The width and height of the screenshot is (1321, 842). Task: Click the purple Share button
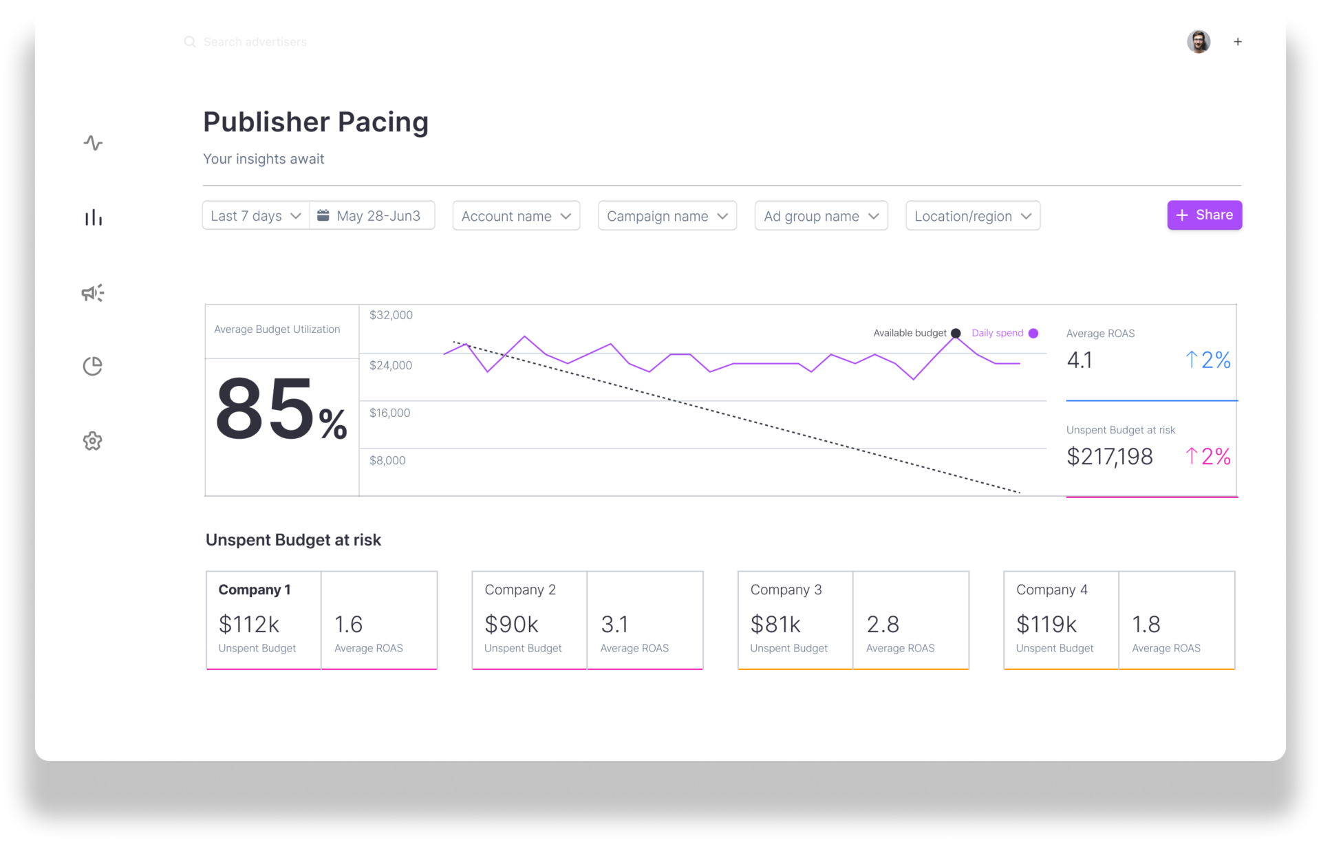click(1204, 215)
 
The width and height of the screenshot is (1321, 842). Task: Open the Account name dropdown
click(516, 216)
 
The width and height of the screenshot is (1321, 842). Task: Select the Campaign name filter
click(667, 216)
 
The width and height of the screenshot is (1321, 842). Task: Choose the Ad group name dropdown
click(821, 216)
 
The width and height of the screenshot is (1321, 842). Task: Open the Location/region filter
click(972, 216)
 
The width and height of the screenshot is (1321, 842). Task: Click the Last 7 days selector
click(255, 216)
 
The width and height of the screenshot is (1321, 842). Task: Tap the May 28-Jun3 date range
click(372, 216)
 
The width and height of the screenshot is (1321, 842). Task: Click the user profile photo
click(1199, 42)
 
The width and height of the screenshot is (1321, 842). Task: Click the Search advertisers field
click(255, 42)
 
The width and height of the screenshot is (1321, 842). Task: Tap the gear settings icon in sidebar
click(93, 441)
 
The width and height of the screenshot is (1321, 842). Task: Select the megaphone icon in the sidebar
click(93, 293)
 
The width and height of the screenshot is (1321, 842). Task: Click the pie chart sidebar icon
click(93, 366)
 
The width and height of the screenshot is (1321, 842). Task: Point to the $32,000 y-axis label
click(391, 315)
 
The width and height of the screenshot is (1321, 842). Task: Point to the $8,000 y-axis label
click(387, 460)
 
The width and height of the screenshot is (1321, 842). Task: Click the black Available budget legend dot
click(956, 333)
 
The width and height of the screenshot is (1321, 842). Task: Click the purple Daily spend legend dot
click(1033, 333)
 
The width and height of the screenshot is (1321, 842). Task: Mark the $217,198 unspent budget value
click(1109, 457)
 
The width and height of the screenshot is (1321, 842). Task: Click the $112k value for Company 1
click(248, 625)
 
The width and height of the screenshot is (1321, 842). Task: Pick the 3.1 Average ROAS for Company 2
click(614, 625)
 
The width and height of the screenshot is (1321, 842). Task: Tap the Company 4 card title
click(1051, 590)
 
